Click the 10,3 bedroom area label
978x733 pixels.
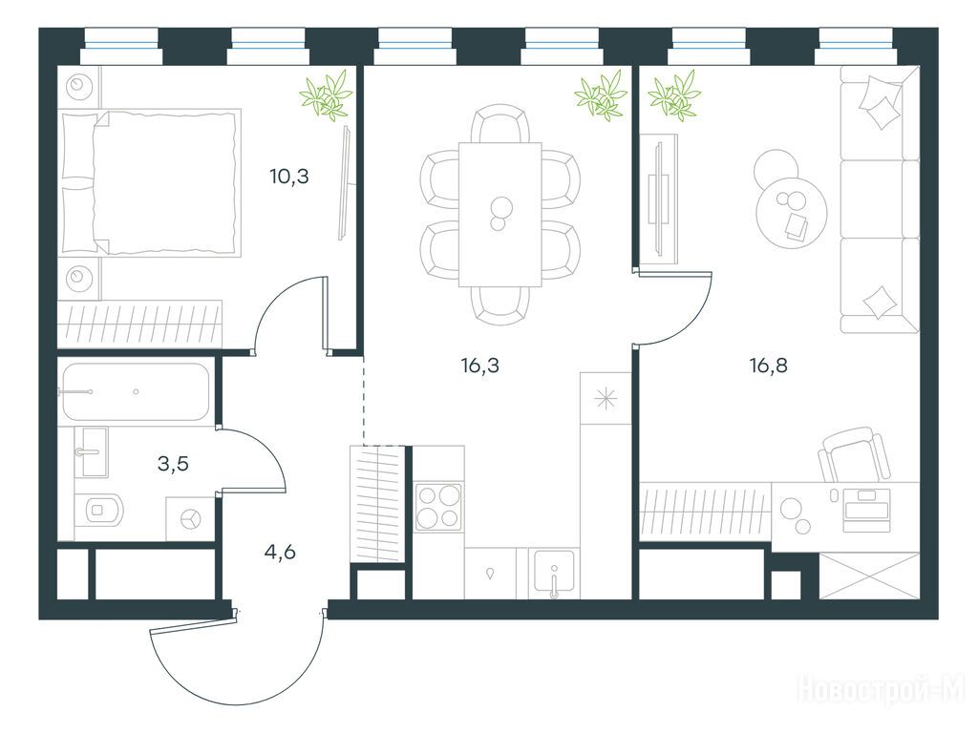point(289,177)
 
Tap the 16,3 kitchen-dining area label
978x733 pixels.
point(480,366)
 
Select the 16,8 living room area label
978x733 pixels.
point(769,366)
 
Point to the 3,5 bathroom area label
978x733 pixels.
point(173,464)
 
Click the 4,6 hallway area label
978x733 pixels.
point(280,552)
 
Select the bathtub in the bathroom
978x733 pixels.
point(135,392)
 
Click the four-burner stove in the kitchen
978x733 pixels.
point(439,507)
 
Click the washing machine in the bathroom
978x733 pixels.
point(191,518)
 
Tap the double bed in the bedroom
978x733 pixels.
point(150,182)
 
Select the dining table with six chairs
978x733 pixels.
point(500,215)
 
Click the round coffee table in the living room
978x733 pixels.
point(792,212)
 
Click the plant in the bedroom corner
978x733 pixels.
point(327,95)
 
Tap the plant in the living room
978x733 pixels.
point(674,95)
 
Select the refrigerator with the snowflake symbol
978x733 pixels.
point(606,398)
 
